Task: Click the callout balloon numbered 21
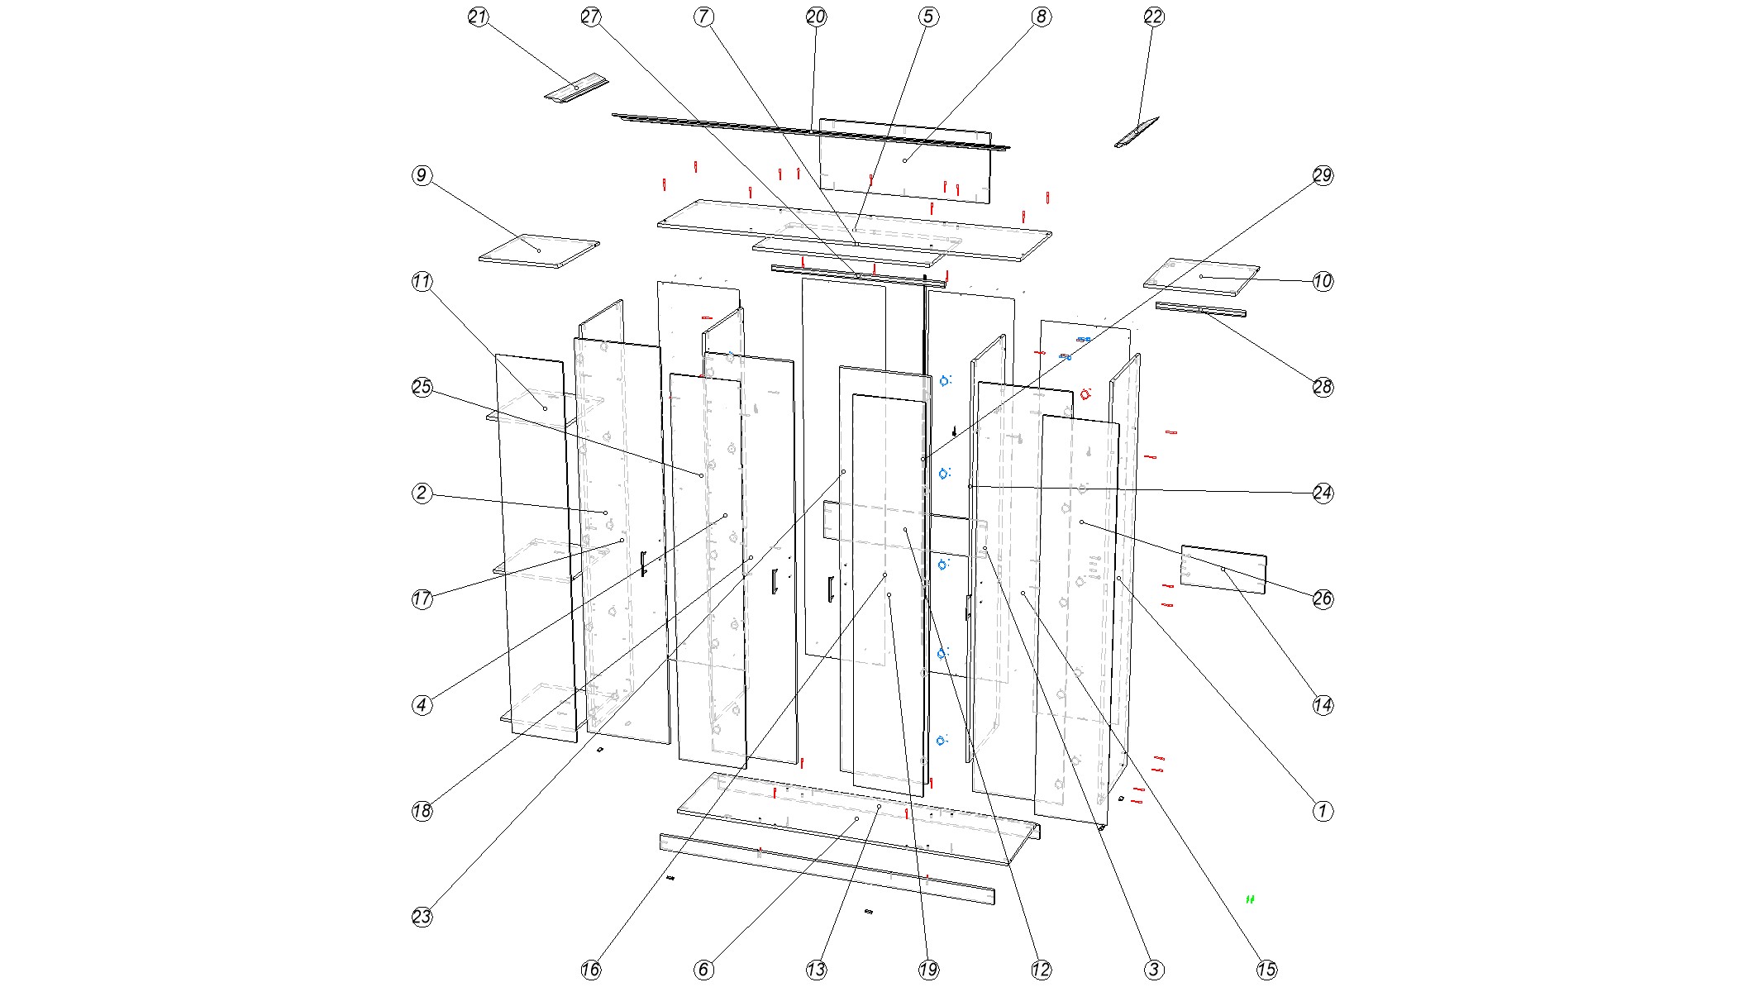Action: tap(479, 17)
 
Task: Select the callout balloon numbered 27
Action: tap(591, 17)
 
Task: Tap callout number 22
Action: tap(1154, 17)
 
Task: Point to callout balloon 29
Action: tap(1323, 175)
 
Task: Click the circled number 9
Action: tap(422, 175)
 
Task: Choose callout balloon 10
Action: tap(1323, 281)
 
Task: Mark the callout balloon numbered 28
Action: tap(1323, 387)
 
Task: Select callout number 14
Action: tap(1323, 705)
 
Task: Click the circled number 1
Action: tap(1323, 811)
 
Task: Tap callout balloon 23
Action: tap(422, 917)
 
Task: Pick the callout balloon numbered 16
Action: tap(591, 970)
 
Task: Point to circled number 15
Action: tap(1266, 970)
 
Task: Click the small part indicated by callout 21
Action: tap(576, 88)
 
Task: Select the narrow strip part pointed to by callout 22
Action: tap(1137, 132)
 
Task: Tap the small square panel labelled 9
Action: tap(539, 251)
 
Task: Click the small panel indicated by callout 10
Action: tap(1201, 277)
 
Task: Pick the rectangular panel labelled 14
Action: tap(1223, 570)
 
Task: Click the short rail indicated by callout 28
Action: tap(1200, 310)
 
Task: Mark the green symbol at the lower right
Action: tap(1250, 899)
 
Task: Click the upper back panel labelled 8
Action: tap(905, 160)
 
